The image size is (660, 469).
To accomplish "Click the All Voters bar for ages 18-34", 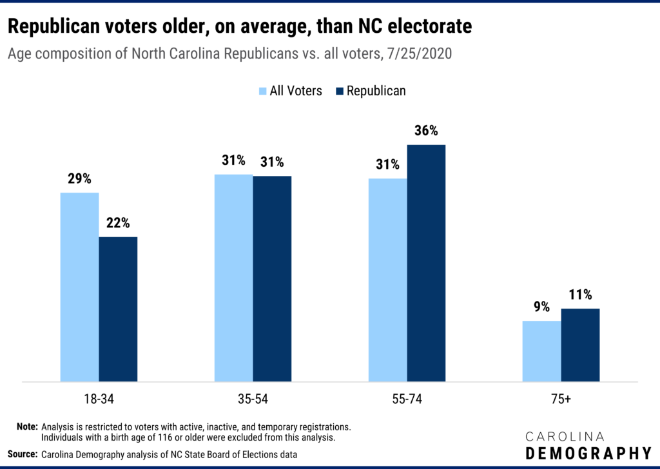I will coord(79,287).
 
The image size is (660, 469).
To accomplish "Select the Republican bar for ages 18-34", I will coord(118,309).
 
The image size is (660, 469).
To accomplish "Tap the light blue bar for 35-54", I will coord(233,278).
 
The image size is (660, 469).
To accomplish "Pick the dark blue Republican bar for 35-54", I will coord(272,278).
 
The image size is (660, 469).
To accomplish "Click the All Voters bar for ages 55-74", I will coord(387,280).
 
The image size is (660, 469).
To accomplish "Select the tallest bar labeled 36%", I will coord(426,263).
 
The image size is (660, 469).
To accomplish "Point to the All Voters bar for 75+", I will coord(541,351).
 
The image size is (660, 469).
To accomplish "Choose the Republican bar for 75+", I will coord(580,345).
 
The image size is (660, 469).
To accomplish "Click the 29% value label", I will coord(79,178).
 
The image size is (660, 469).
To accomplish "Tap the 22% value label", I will coord(118,224).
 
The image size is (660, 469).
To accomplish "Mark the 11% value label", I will coord(580,295).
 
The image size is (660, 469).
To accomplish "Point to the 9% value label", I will coord(541,307).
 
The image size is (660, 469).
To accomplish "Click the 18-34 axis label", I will coord(99,399).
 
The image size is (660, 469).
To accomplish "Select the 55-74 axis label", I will coord(407,399).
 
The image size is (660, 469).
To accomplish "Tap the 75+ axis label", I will coord(560,399).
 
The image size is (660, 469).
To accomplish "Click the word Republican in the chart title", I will coord(48,26).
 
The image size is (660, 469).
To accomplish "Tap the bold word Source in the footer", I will coord(23,454).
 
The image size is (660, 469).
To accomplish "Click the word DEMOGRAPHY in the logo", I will coord(588,452).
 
